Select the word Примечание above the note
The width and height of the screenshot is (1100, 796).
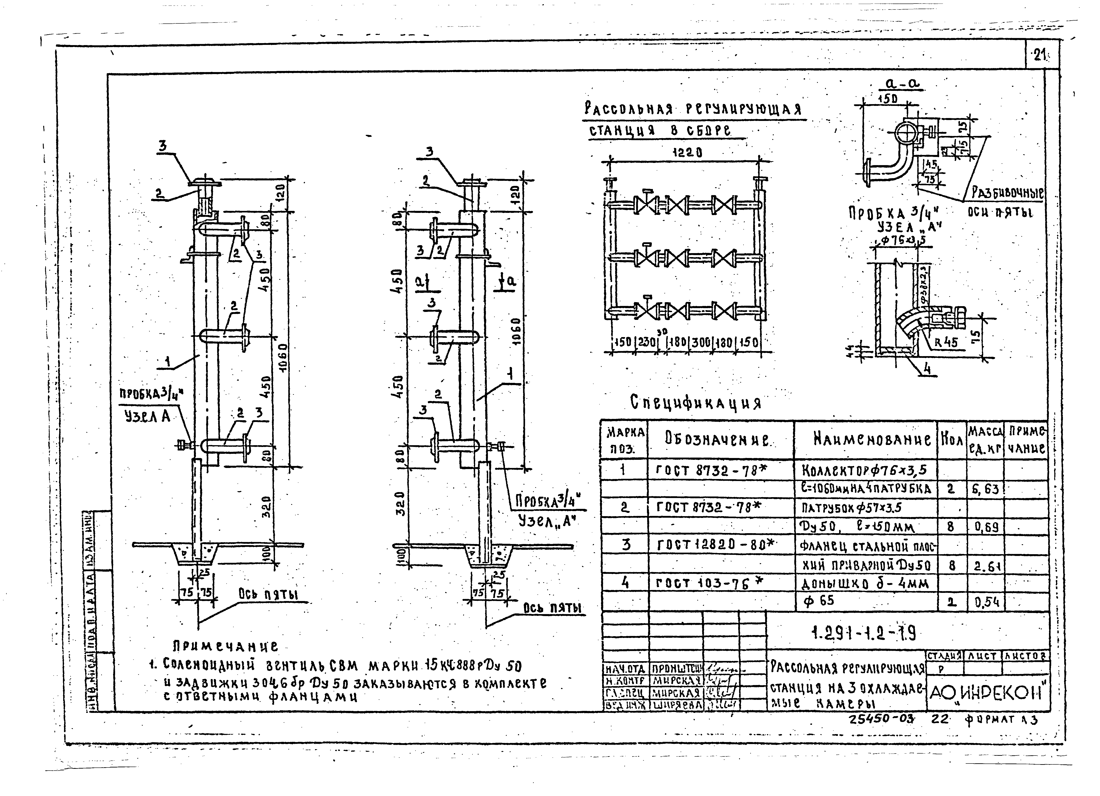pos(226,646)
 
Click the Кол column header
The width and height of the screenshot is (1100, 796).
pos(952,440)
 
